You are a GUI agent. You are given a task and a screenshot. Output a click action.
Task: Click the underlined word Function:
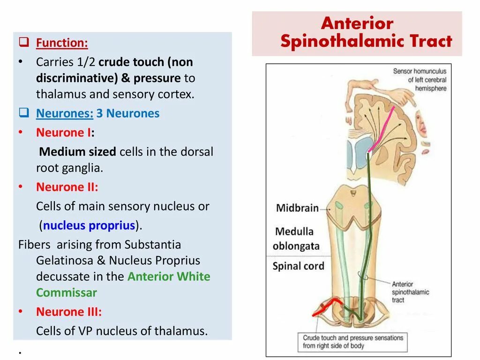click(x=62, y=44)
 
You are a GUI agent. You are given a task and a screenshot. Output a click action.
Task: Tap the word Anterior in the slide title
click(x=357, y=23)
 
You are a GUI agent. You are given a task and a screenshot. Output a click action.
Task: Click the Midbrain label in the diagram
click(x=297, y=208)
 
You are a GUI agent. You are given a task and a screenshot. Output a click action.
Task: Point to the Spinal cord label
click(x=298, y=266)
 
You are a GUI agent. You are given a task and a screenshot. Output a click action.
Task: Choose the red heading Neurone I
click(x=64, y=133)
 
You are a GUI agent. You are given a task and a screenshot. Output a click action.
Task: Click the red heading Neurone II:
click(x=67, y=187)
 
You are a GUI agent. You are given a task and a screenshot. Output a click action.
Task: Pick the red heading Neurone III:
click(x=68, y=312)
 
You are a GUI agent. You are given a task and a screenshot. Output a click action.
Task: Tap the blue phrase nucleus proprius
click(x=89, y=225)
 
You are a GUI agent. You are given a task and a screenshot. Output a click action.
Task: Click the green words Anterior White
click(x=169, y=277)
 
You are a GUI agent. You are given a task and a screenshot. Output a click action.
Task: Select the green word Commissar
click(x=67, y=293)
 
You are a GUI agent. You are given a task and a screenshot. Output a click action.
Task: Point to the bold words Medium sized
click(x=78, y=152)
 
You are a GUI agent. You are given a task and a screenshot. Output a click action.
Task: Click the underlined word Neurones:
click(x=65, y=113)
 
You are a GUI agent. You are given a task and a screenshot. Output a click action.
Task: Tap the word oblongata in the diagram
click(x=296, y=246)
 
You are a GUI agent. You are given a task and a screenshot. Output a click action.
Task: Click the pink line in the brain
click(x=384, y=127)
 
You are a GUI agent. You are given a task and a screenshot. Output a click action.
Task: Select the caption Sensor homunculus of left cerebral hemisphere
click(x=420, y=80)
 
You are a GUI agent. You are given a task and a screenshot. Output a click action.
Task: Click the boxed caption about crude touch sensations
click(x=352, y=342)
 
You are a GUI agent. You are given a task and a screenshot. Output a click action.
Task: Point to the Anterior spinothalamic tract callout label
click(x=410, y=292)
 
